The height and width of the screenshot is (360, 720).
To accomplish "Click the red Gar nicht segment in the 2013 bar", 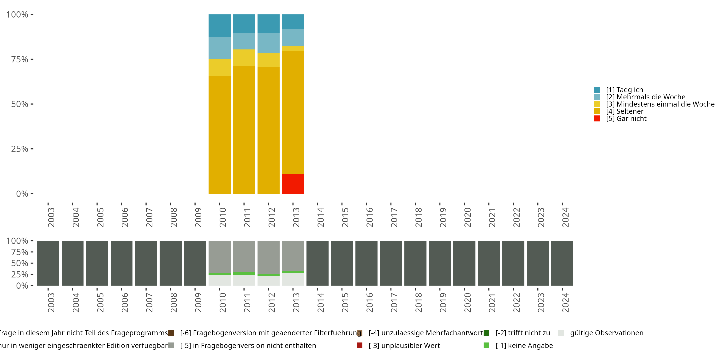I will click(x=293, y=184).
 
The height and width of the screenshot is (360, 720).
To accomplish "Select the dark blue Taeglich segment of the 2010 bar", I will click(x=219, y=25).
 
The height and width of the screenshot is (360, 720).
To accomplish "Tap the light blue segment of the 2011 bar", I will click(x=244, y=41).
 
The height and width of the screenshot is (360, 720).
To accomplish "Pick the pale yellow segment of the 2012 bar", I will click(x=268, y=60).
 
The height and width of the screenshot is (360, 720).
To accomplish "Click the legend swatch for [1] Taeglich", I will click(x=597, y=90).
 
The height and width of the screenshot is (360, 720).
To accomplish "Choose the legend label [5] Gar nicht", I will click(x=626, y=119).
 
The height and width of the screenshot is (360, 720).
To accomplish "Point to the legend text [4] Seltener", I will click(x=624, y=111).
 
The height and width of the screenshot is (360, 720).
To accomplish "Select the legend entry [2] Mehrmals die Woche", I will click(x=645, y=97).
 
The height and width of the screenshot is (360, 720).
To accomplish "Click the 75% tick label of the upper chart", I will click(x=20, y=59).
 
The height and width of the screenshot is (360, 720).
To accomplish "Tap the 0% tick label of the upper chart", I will click(x=22, y=194).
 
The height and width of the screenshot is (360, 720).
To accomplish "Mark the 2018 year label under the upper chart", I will click(x=418, y=217).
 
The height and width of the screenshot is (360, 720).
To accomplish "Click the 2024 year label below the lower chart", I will click(x=565, y=303).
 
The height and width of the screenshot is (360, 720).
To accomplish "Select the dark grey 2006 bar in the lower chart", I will click(x=122, y=263).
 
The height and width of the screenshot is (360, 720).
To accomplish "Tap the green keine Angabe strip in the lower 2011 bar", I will click(x=244, y=274).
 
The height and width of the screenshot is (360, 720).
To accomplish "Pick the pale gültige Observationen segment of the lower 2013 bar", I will click(x=293, y=279).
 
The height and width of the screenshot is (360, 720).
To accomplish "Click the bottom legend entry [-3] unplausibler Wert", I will click(x=404, y=345).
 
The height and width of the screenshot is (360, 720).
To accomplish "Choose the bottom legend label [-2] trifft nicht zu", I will click(x=522, y=333).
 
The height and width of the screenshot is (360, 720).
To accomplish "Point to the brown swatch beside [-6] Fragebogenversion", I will click(x=171, y=333).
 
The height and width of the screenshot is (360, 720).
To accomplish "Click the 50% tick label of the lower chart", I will click(x=20, y=263).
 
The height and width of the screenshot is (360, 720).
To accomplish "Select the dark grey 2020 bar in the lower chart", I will click(x=464, y=263).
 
